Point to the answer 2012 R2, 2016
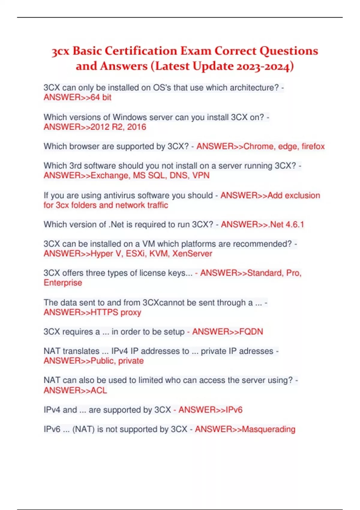click(x=118, y=127)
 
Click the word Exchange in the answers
click(x=109, y=175)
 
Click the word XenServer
click(x=192, y=254)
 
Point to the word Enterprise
click(x=63, y=283)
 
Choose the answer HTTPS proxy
click(x=116, y=312)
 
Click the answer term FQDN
click(x=251, y=332)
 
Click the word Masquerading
click(x=268, y=429)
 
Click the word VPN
click(x=201, y=175)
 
